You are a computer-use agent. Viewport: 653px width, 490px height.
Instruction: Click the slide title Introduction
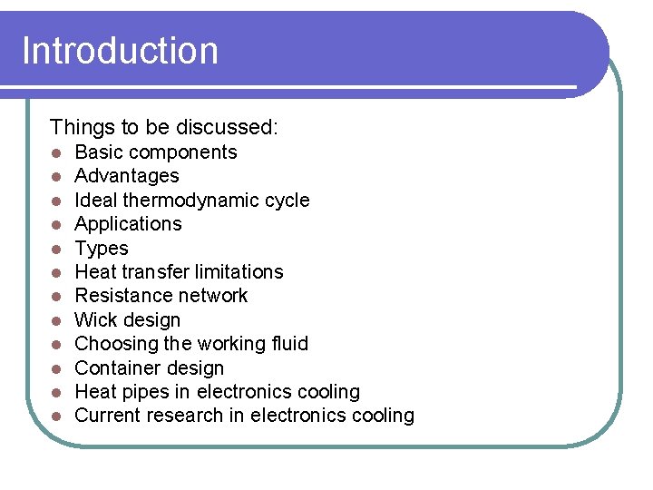tap(120, 50)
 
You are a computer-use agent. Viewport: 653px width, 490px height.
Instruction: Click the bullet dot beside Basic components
tap(56, 153)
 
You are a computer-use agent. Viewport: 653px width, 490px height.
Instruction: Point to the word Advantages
tap(127, 176)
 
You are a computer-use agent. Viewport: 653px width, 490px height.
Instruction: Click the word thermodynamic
tap(200, 201)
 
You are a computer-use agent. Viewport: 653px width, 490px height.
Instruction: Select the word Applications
tap(128, 224)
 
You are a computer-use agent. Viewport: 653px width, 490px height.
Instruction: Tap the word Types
tap(102, 249)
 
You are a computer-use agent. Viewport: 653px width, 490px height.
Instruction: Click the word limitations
tap(239, 272)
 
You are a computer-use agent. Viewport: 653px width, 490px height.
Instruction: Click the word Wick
tap(95, 320)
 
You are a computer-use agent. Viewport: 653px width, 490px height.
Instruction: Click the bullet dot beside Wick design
tap(56, 321)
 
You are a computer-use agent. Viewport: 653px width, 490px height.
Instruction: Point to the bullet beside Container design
tap(56, 369)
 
